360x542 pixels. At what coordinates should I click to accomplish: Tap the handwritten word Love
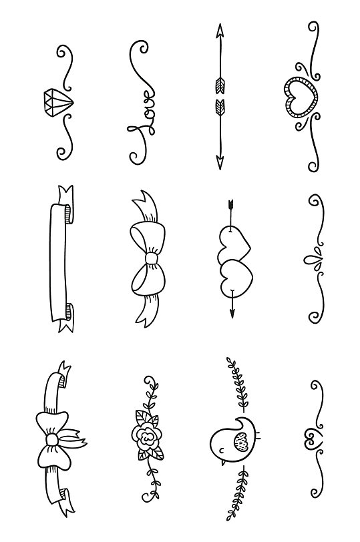(x=141, y=117)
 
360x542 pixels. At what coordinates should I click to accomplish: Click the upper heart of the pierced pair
(x=233, y=243)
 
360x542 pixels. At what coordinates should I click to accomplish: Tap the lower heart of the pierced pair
(x=233, y=277)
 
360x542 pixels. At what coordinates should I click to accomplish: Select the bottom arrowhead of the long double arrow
(x=218, y=162)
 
